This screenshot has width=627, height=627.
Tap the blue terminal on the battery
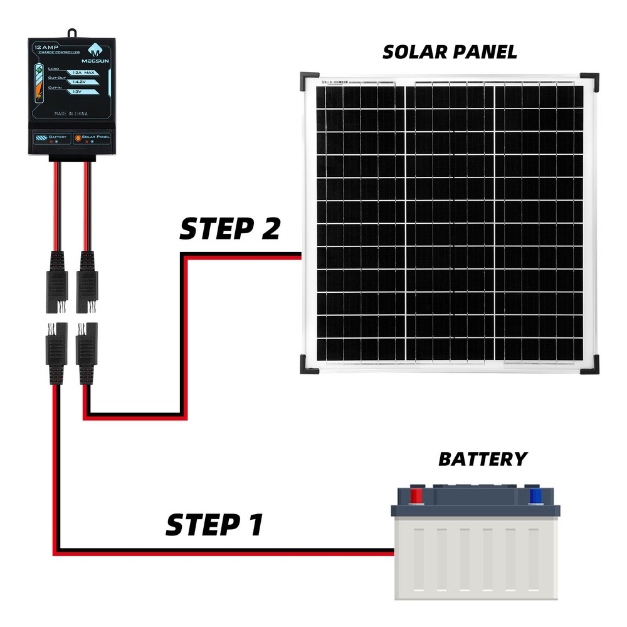(x=535, y=495)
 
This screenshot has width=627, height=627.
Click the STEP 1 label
(x=214, y=525)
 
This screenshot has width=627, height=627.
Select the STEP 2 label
(x=229, y=229)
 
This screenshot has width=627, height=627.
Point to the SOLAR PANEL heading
(x=450, y=53)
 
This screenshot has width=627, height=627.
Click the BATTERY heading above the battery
(x=482, y=459)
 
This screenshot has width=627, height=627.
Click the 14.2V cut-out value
(x=80, y=82)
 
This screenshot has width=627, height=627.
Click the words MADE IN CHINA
(x=71, y=113)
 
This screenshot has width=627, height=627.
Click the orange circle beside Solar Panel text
(x=78, y=137)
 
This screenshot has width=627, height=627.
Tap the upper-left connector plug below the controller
(x=56, y=282)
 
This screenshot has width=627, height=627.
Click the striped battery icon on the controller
(x=41, y=137)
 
